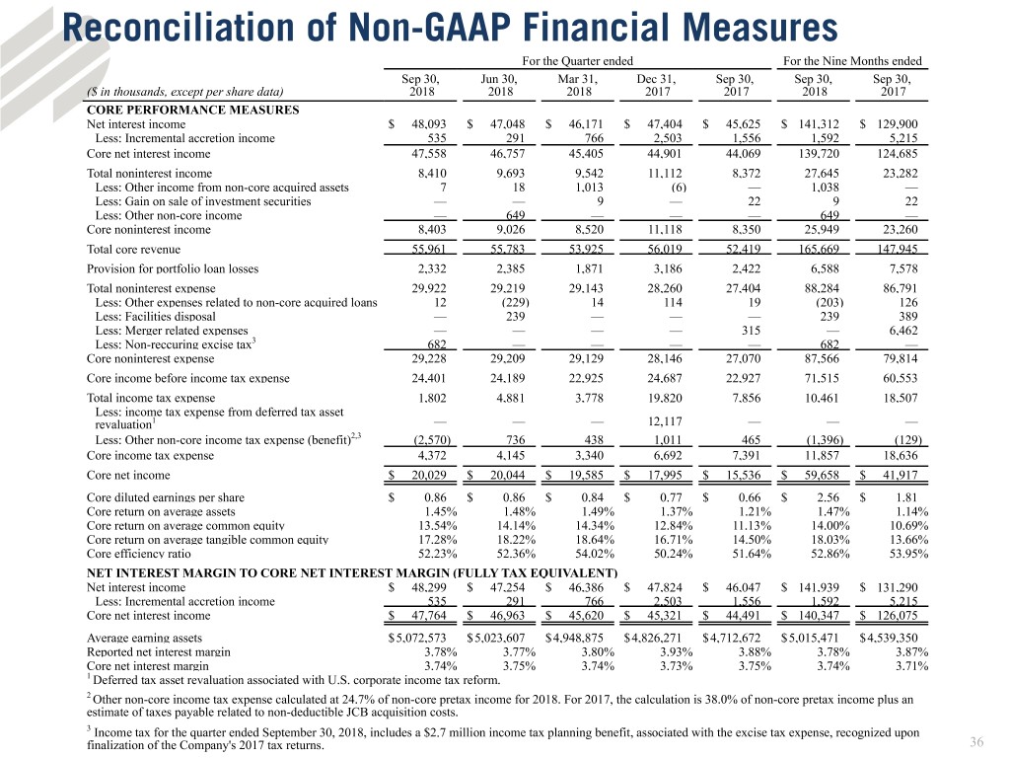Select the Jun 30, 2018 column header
tap(500, 87)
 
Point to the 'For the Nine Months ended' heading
tap(851, 61)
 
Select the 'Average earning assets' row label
tap(144, 638)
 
